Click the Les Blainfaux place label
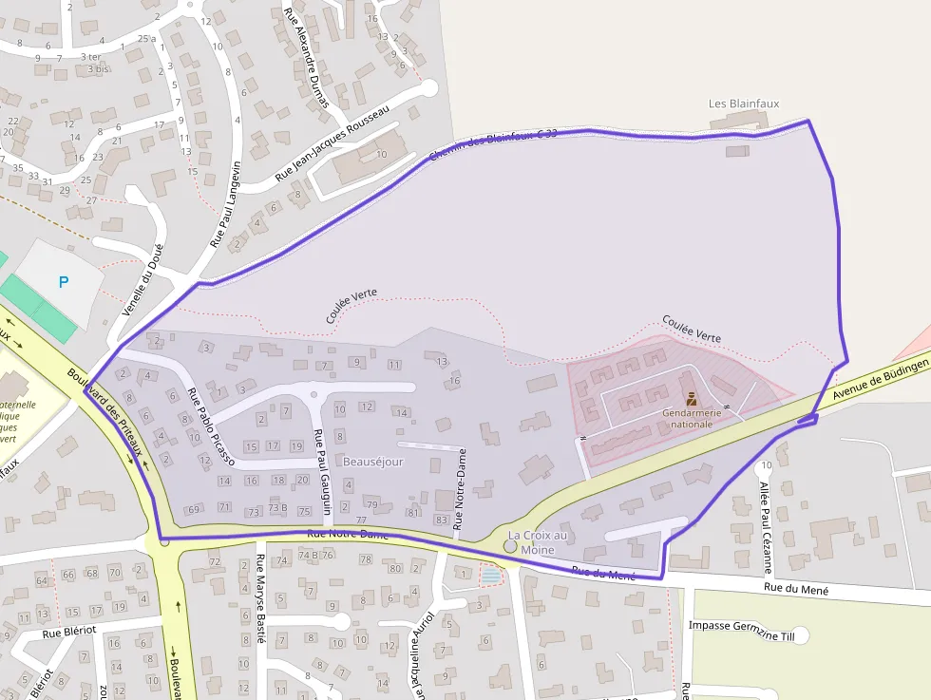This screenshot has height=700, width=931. [x=736, y=104]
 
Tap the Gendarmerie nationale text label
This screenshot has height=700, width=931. [x=692, y=419]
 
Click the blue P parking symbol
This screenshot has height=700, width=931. [x=64, y=282]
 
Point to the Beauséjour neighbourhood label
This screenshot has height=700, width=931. [x=373, y=462]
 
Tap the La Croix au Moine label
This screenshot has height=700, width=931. [x=537, y=542]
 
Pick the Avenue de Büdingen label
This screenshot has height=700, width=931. [x=879, y=379]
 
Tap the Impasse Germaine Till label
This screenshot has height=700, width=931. [x=740, y=626]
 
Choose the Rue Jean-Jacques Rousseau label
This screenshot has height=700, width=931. [x=332, y=143]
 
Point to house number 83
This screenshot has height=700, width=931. [x=441, y=520]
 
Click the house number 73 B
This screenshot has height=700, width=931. [x=276, y=509]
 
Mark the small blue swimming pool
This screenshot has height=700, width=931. [x=490, y=576]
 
